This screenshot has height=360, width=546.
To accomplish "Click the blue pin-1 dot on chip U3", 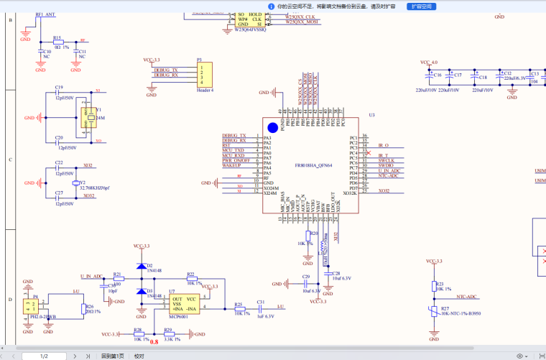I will click(273, 127).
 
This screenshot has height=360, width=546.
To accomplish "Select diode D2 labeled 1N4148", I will click(140, 267).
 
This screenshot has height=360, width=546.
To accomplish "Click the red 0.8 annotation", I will click(154, 342).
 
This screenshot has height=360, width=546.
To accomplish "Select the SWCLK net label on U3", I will click(386, 160).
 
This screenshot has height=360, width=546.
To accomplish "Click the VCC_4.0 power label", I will click(428, 63).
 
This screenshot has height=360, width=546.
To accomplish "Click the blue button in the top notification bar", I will click(422, 6).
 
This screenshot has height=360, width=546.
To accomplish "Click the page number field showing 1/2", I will click(44, 356).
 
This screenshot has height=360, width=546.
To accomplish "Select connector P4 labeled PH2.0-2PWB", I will click(32, 307).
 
